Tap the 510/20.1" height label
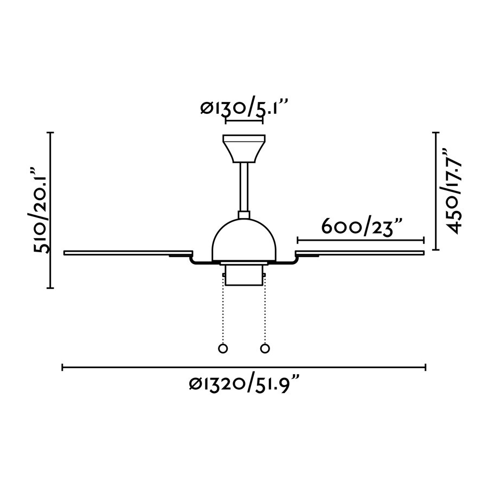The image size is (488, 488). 41,211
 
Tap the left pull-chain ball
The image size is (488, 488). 223,348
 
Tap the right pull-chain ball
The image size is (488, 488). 265,348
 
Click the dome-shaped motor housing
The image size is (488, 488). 244,240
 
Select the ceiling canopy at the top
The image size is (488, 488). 244,149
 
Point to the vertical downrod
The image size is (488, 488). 244,187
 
